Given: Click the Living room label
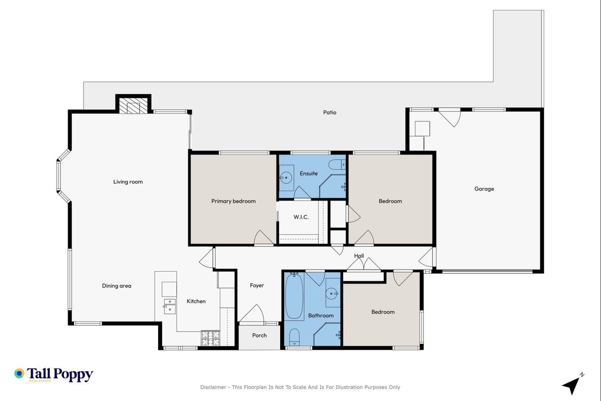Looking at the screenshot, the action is (x=128, y=182).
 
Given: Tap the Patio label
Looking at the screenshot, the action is (x=330, y=112).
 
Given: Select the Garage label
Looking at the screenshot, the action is (x=484, y=189).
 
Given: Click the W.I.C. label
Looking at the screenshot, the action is (x=301, y=217).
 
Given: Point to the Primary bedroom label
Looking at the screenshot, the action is (x=233, y=202).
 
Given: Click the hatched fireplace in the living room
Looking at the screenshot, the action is (x=133, y=106).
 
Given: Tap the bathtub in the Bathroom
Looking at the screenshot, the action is (x=294, y=296).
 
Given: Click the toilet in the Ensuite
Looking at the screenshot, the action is (x=337, y=164).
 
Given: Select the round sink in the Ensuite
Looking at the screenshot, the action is (x=287, y=177).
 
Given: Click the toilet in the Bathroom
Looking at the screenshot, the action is (x=294, y=337).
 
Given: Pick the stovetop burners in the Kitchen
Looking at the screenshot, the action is (x=211, y=338).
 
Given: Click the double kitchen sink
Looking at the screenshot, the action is (x=170, y=306).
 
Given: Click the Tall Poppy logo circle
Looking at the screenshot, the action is (x=20, y=373).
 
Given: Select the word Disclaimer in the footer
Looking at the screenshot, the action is (x=213, y=387).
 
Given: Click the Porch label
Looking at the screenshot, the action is (x=259, y=335).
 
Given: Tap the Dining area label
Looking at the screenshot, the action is (x=117, y=286).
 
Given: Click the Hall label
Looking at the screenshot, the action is (x=359, y=256).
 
